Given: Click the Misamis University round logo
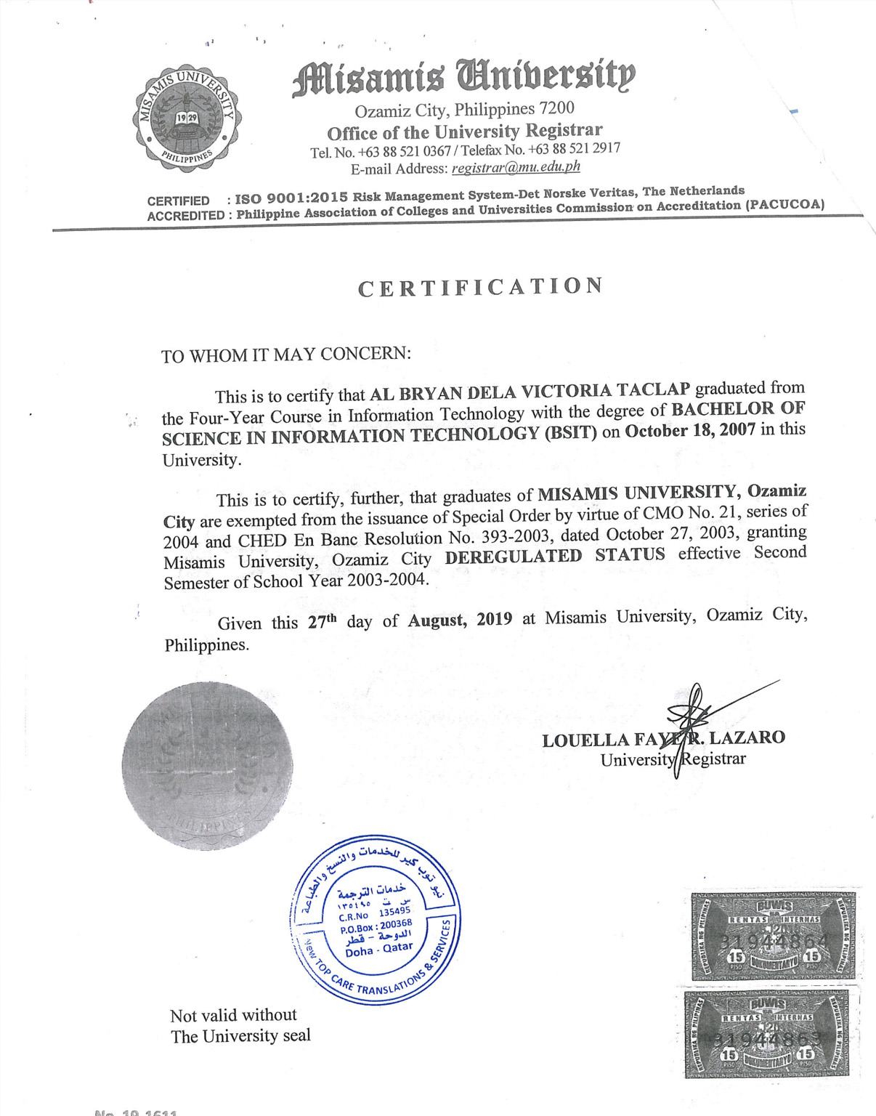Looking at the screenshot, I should pyautogui.click(x=187, y=118).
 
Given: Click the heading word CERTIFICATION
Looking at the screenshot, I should pyautogui.click(x=480, y=287).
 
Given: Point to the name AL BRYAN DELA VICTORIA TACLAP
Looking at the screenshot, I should pyautogui.click(x=530, y=392).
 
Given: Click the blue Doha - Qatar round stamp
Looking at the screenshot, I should pyautogui.click(x=376, y=919).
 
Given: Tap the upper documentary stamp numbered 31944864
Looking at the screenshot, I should pyautogui.click(x=773, y=935).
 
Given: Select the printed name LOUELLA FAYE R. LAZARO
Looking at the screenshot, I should pyautogui.click(x=662, y=740).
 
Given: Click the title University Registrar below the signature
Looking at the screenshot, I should pyautogui.click(x=673, y=759).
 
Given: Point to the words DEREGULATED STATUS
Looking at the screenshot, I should pyautogui.click(x=555, y=556).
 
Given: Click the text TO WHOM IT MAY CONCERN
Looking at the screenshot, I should pyautogui.click(x=285, y=355).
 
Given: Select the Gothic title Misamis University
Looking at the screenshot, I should pyautogui.click(x=463, y=78).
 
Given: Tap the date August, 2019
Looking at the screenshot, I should pyautogui.click(x=460, y=620).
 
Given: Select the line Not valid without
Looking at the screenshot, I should pyautogui.click(x=233, y=1015).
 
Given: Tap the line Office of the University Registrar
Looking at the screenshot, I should pyautogui.click(x=464, y=132).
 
